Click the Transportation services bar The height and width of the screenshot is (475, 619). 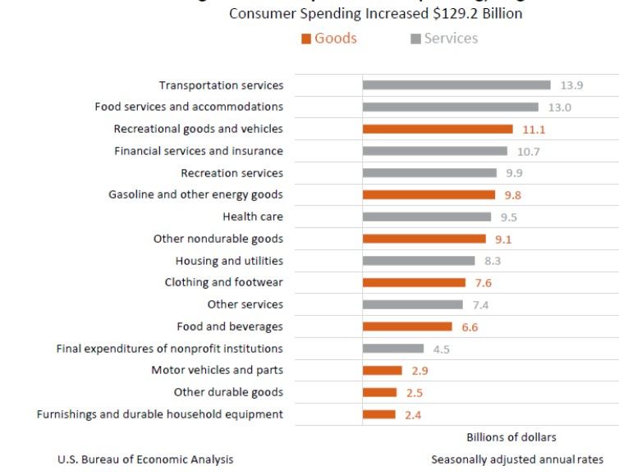pos(456,84)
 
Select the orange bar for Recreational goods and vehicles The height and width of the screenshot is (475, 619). pos(438,129)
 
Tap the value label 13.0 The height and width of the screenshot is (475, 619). pos(560,107)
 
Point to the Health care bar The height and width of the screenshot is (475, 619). pos(427,217)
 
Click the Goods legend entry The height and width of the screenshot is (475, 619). pos(329,39)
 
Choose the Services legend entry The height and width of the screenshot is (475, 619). pos(444,39)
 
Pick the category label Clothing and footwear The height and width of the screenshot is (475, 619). pos(224,282)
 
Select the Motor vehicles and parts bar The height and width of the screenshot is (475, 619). pos(383,370)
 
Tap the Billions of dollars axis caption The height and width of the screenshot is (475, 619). pos(511,436)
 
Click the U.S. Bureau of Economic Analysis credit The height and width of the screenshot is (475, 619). pos(145,459)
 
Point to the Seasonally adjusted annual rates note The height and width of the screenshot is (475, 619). pos(517,459)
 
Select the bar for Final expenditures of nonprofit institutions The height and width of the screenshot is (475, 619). pos(393,349)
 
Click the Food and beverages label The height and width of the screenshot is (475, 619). pos(230,327)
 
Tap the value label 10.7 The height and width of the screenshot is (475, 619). pos(528,151)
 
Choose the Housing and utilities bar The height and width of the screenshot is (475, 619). pos(419,261)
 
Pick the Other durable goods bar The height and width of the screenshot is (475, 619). pos(379,392)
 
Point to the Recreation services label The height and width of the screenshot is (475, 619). pos(232,173)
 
